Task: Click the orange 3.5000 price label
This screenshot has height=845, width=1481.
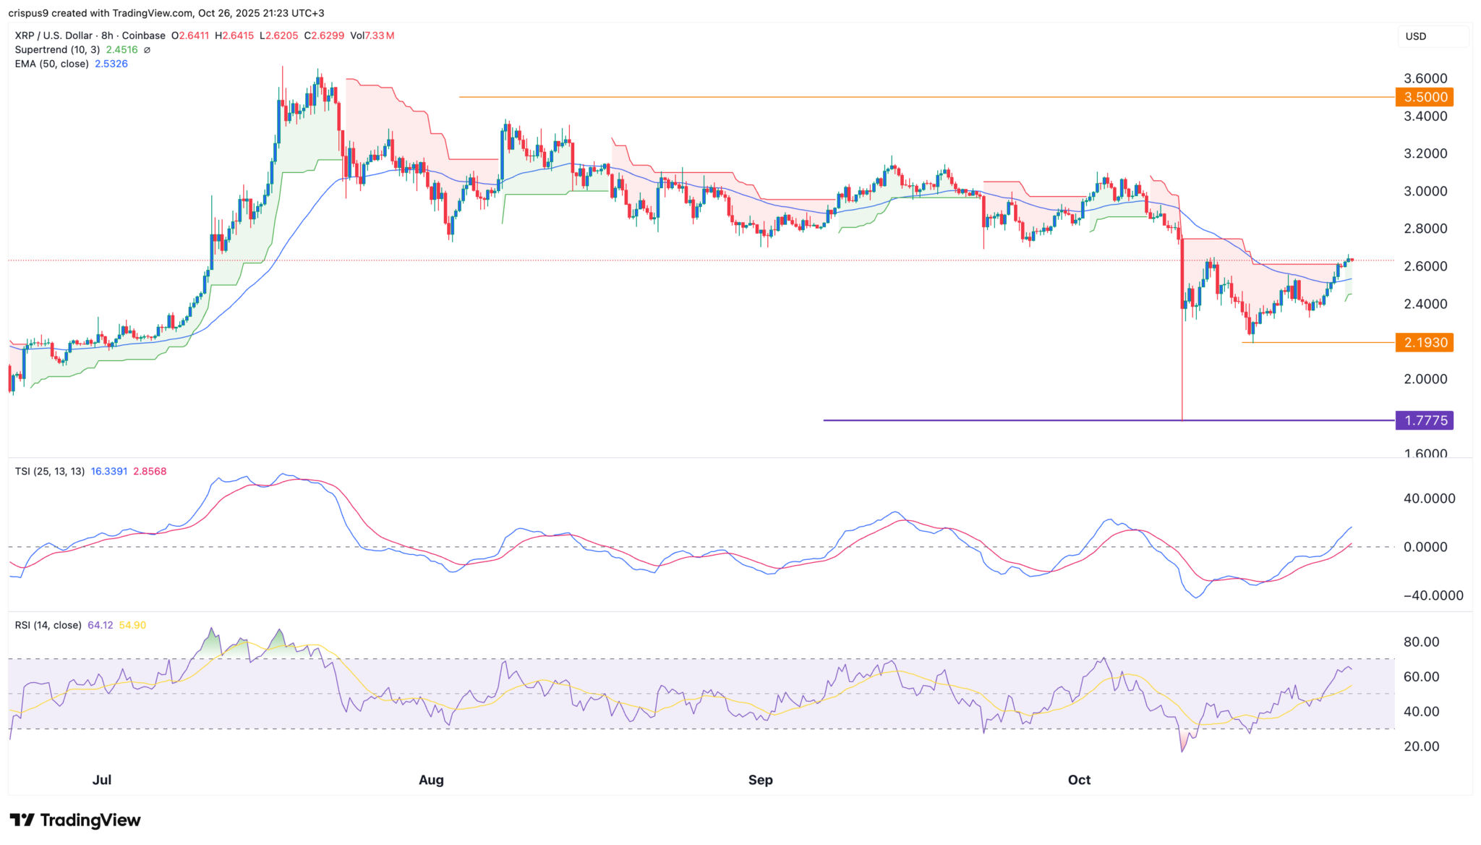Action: click(1425, 97)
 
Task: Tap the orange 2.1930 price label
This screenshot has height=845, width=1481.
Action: click(1425, 342)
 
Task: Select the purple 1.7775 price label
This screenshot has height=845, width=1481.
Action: click(1425, 420)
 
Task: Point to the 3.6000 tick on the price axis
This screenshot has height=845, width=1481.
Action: click(1425, 78)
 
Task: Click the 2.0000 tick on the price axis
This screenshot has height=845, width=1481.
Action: click(1425, 379)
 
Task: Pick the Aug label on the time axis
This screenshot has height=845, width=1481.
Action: click(431, 780)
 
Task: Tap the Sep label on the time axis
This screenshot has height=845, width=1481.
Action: click(760, 780)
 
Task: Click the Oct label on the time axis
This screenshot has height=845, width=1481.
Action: click(1079, 780)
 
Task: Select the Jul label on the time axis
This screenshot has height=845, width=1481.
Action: click(102, 780)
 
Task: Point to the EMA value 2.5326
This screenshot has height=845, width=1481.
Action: click(111, 64)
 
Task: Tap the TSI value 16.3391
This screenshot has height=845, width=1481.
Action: click(109, 471)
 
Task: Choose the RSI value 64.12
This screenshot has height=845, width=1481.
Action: click(101, 625)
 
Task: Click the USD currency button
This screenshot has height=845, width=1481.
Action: click(1416, 36)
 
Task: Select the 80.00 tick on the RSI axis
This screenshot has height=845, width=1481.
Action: click(1421, 642)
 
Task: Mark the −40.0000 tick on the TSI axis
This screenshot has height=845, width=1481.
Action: click(1433, 595)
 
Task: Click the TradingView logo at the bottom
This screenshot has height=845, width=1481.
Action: click(75, 820)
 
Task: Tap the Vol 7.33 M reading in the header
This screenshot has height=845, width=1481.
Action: click(372, 35)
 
